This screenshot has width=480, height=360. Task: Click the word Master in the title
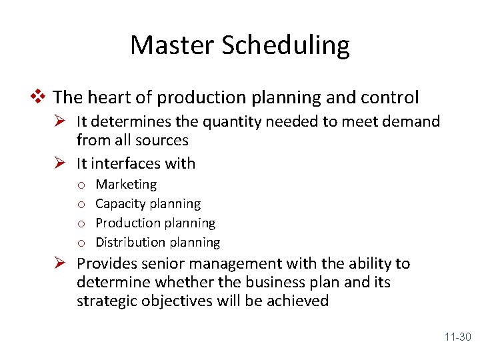click(x=173, y=45)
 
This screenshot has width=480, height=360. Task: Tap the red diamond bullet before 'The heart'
click(x=42, y=97)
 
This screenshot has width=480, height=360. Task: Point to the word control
click(x=390, y=97)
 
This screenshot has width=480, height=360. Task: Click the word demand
click(x=414, y=121)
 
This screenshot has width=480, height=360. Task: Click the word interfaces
click(x=124, y=163)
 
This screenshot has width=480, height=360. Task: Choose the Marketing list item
click(x=126, y=184)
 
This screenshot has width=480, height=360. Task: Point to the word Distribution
click(x=129, y=242)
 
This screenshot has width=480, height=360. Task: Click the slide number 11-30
click(x=457, y=337)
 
